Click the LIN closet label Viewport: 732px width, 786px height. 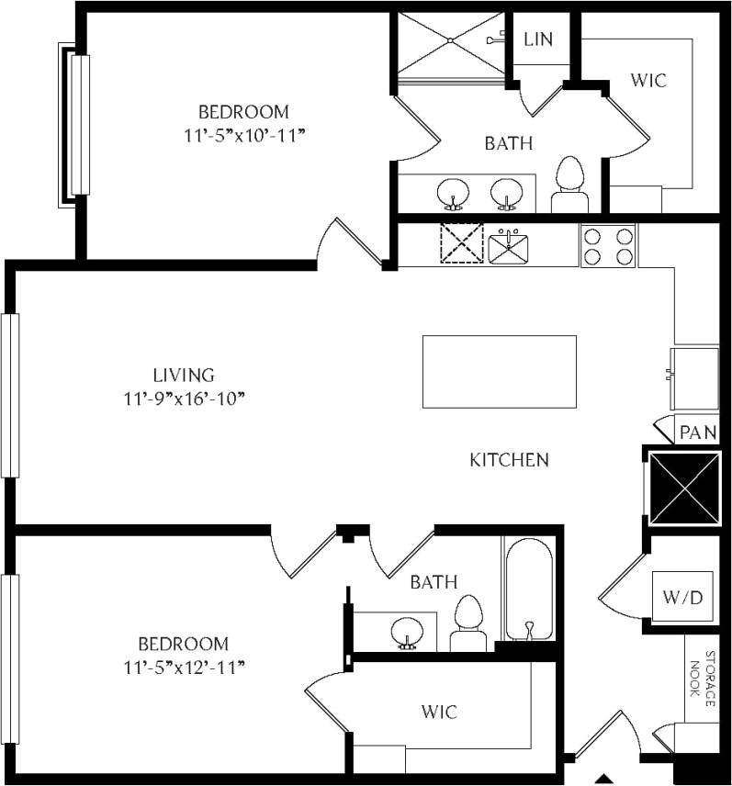[x=537, y=39]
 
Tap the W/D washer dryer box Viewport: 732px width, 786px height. [x=682, y=598]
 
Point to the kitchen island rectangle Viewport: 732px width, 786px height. [x=500, y=371]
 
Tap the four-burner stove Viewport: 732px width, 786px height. [x=608, y=245]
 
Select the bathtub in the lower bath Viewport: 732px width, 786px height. [x=528, y=589]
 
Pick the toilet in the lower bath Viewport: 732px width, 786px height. [x=468, y=622]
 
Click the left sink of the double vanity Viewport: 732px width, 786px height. [x=453, y=194]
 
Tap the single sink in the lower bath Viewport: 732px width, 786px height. [x=405, y=632]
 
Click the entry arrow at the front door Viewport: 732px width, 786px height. [x=604, y=776]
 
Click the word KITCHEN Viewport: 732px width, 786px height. [x=509, y=460]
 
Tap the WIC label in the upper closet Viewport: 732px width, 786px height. [x=648, y=80]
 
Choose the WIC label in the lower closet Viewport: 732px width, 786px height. [x=439, y=712]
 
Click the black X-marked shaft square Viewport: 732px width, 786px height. [x=683, y=488]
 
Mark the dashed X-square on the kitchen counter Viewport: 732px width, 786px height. [x=461, y=243]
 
